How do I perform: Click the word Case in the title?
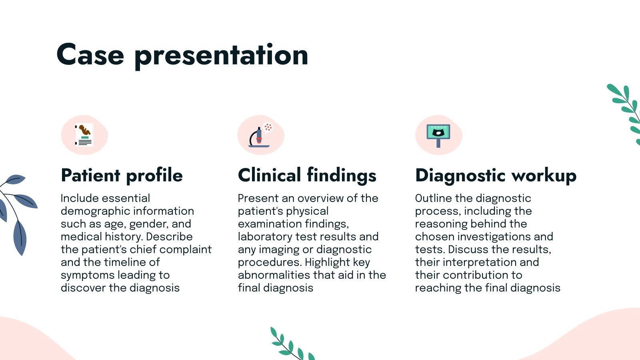90,55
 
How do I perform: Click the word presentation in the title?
221,56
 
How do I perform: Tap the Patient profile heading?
122,175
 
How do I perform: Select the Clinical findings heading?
307,175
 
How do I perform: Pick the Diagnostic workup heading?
496,175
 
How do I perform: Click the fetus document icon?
84,135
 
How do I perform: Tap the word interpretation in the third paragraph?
480,262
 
